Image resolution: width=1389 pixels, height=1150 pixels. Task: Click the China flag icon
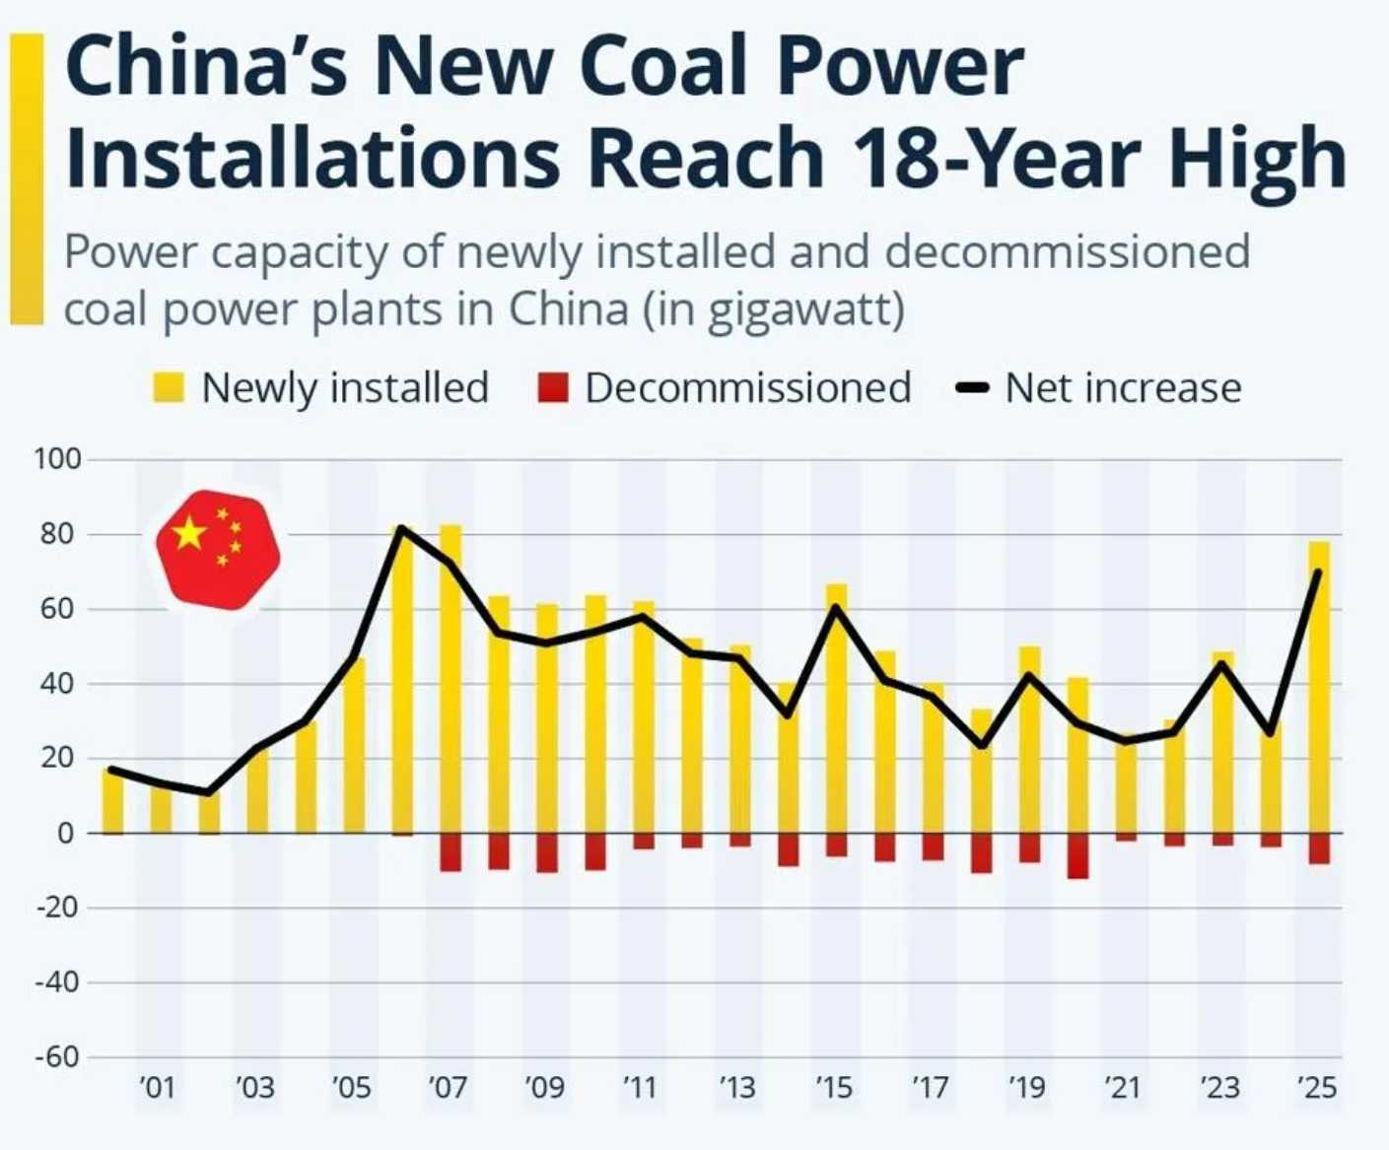pyautogui.click(x=218, y=549)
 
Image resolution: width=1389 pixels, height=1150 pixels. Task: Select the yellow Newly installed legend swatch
pyautogui.click(x=169, y=387)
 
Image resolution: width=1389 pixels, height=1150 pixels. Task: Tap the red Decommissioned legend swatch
pyautogui.click(x=553, y=387)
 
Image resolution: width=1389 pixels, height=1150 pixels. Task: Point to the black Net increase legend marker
pyautogui.click(x=973, y=387)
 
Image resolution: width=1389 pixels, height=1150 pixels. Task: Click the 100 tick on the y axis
pyautogui.click(x=57, y=459)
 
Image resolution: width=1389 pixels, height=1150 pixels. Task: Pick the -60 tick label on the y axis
pyautogui.click(x=56, y=1056)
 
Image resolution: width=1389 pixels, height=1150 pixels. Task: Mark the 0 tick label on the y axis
pyautogui.click(x=66, y=833)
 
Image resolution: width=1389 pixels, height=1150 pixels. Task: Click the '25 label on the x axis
pyautogui.click(x=1317, y=1088)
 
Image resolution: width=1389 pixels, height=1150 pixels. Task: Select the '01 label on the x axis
pyautogui.click(x=158, y=1088)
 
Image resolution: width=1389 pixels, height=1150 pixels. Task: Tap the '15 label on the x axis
pyautogui.click(x=834, y=1088)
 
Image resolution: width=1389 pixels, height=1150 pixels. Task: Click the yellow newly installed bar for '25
pyautogui.click(x=1319, y=690)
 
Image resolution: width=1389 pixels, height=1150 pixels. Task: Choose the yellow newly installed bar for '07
pyautogui.click(x=451, y=680)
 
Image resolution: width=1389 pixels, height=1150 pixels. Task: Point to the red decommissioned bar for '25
pyautogui.click(x=1319, y=848)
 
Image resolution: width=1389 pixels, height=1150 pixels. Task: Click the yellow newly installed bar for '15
pyautogui.click(x=836, y=710)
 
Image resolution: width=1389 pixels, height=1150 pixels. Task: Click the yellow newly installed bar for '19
pyautogui.click(x=1029, y=739)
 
